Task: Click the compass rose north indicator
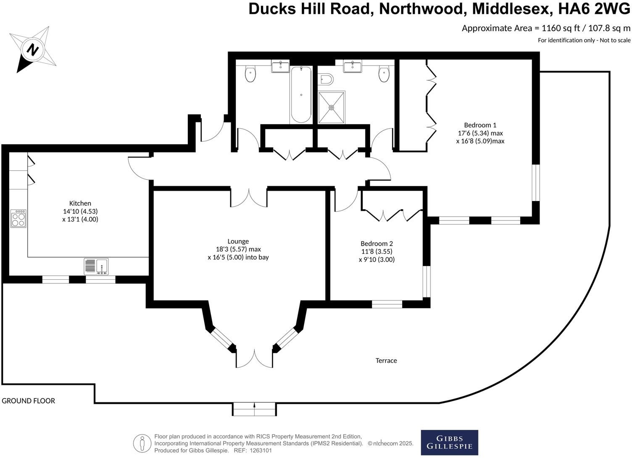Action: [x=32, y=50]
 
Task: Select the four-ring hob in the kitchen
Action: [x=18, y=218]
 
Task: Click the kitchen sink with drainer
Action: [x=96, y=266]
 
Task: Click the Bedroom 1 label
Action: [x=480, y=125]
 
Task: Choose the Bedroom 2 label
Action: [x=377, y=244]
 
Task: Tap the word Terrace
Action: [x=386, y=360]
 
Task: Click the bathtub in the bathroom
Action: [x=301, y=95]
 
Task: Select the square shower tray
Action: [x=332, y=107]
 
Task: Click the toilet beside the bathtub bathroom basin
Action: [x=250, y=74]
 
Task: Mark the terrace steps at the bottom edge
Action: [x=254, y=409]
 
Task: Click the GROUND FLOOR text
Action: [x=28, y=401]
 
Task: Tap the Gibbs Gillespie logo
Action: [x=449, y=442]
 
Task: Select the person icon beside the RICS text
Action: [x=142, y=443]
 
